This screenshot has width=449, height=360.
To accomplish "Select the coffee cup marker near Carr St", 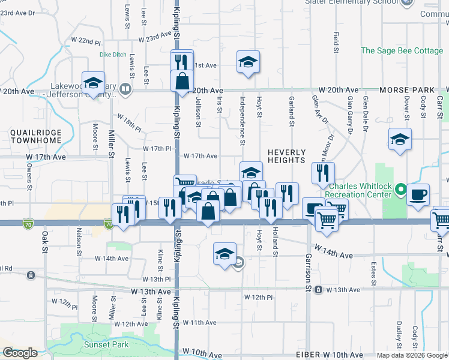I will [x=418, y=196].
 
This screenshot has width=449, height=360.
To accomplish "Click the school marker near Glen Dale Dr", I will [x=400, y=140].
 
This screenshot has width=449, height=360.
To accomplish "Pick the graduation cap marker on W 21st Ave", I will [x=247, y=63].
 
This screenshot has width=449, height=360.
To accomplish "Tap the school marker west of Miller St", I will [x=93, y=84].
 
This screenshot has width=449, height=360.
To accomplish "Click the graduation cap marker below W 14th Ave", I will [x=224, y=254].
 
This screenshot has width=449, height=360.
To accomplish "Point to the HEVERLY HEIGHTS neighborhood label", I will [x=286, y=156].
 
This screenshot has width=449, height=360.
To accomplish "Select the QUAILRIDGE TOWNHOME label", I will [x=36, y=136].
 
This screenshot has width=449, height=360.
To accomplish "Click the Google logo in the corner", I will [x=20, y=353].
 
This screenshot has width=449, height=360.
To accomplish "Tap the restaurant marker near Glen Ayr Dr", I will [x=323, y=174].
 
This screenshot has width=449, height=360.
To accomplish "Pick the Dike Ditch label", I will [x=113, y=55].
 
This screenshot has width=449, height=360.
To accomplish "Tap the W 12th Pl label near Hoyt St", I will [x=259, y=297].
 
